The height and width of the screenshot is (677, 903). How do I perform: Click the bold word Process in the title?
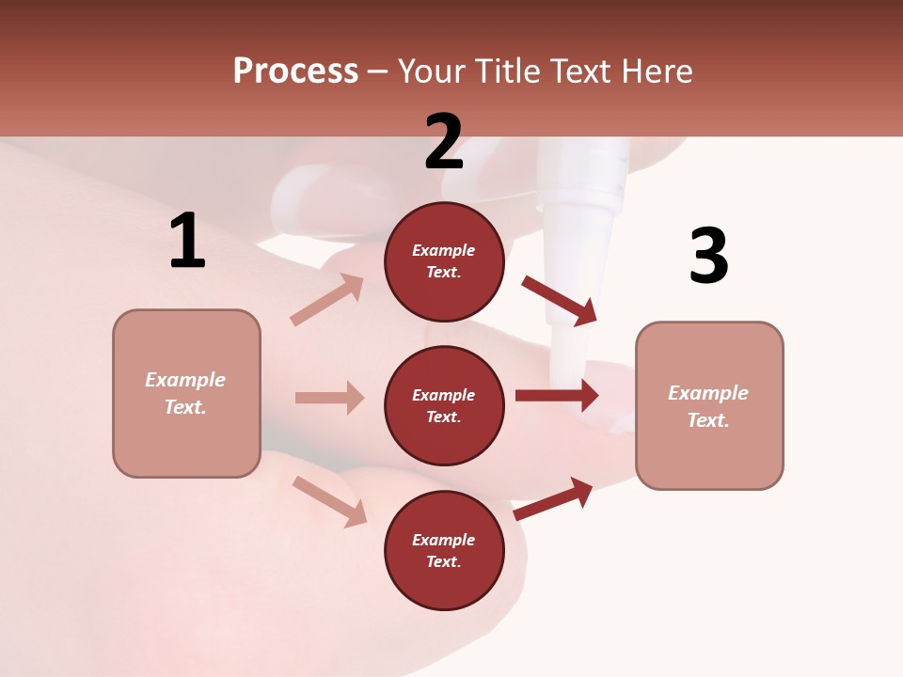[295, 71]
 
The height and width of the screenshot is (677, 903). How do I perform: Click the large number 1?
[187, 242]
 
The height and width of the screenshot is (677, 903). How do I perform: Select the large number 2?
[444, 142]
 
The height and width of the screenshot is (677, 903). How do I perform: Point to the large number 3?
[708, 256]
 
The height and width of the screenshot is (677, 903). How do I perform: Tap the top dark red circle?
[444, 261]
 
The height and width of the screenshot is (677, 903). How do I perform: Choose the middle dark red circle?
[444, 405]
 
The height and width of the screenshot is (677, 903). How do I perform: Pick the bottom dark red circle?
[444, 550]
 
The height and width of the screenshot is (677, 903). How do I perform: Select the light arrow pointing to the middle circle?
[329, 398]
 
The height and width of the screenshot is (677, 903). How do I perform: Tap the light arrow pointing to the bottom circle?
[329, 500]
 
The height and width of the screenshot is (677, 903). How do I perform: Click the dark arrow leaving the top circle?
[560, 300]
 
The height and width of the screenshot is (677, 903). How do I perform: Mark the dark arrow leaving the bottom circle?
[553, 498]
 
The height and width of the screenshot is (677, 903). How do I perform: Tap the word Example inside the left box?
[185, 380]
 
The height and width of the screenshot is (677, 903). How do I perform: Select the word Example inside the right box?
[708, 393]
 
